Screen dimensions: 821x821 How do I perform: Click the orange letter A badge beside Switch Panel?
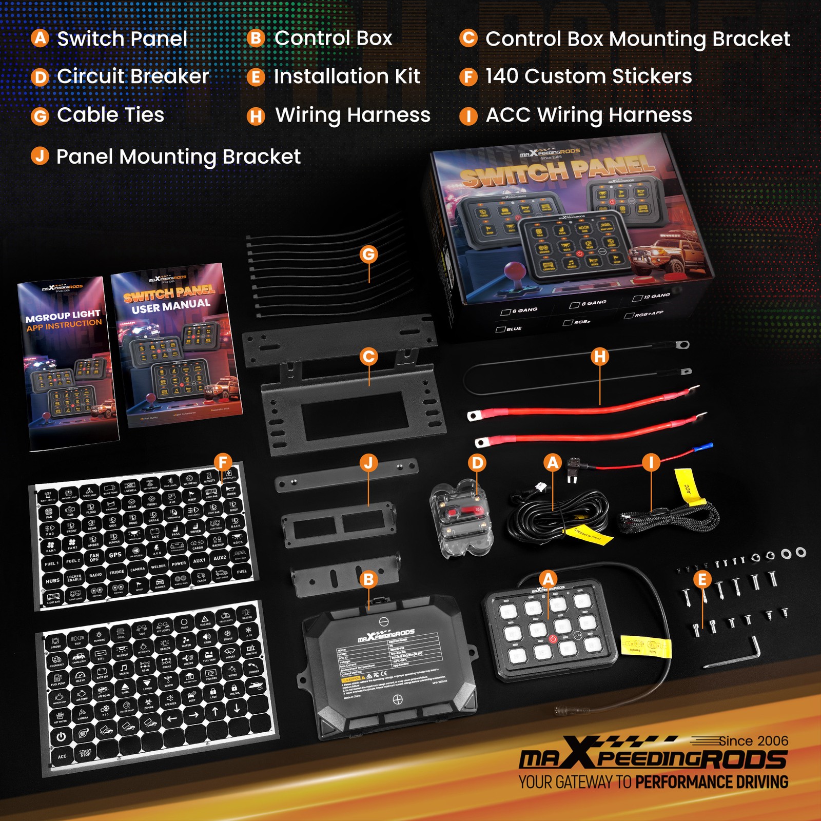click(x=40, y=38)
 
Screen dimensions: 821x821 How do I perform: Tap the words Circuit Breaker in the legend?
click(x=133, y=76)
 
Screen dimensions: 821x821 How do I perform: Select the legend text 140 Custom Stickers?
click(x=589, y=76)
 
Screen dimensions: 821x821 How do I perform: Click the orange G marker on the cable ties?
click(x=369, y=254)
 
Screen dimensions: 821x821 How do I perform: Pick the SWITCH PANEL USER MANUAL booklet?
click(x=174, y=344)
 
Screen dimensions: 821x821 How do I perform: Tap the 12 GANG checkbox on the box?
click(x=637, y=298)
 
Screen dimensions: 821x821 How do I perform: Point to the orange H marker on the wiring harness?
click(x=599, y=357)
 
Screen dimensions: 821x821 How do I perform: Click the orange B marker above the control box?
click(x=368, y=580)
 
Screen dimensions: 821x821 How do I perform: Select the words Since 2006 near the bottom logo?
click(x=753, y=741)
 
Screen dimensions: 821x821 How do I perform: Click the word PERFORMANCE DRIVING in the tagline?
click(x=712, y=782)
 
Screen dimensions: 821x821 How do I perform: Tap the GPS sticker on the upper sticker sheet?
click(x=115, y=555)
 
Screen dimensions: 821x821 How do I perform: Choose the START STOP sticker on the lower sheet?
click(x=85, y=753)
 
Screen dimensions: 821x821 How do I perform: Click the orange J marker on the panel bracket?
click(x=368, y=463)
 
